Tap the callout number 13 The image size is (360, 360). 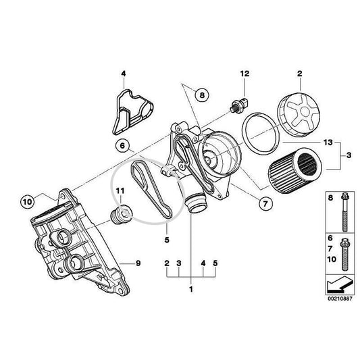point(327,143)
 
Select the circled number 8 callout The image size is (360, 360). point(200,96)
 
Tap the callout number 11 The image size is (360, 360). point(120,192)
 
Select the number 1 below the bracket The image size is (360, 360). point(190,289)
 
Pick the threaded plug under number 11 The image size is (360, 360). point(120,217)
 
